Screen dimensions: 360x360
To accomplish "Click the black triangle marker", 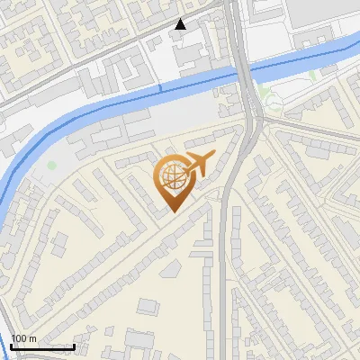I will pos(181,24).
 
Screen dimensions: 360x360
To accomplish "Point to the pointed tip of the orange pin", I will pos(173,211).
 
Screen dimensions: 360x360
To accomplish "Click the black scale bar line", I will pos(42,346).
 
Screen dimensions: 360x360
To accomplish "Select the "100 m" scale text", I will pos(24,338).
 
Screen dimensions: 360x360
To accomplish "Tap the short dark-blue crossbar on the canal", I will pos(161,88).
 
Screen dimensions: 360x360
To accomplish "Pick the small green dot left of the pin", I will pos(52,166).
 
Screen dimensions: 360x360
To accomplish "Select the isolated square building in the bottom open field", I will pos(147,307).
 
